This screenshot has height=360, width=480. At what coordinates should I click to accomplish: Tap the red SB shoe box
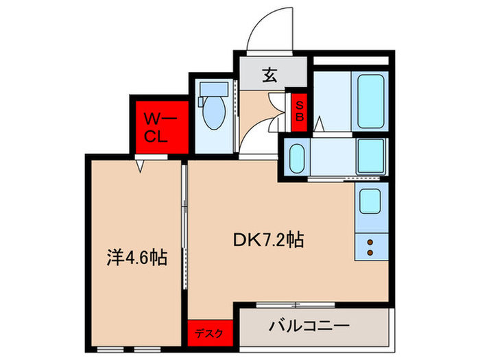click(299, 112)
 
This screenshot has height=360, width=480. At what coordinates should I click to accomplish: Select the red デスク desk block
click(210, 333)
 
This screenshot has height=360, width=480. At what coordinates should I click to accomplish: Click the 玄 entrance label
click(269, 75)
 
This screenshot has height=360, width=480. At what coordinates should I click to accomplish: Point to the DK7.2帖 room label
click(269, 240)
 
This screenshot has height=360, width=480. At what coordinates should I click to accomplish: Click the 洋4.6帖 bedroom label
click(137, 257)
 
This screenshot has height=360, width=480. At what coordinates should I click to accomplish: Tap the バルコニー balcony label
click(309, 326)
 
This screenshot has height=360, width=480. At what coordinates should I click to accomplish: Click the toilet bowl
click(214, 112)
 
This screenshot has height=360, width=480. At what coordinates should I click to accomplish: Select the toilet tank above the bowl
click(214, 88)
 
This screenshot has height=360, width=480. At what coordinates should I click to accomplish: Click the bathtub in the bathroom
click(370, 101)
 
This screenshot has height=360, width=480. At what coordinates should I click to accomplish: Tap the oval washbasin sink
click(297, 158)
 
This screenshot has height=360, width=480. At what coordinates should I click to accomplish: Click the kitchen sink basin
click(370, 201)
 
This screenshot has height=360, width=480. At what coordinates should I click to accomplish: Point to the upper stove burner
click(370, 243)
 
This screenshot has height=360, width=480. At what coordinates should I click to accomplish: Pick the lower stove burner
click(370, 252)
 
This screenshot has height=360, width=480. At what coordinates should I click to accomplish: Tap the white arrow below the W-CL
click(140, 167)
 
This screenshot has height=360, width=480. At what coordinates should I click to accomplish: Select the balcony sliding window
click(296, 305)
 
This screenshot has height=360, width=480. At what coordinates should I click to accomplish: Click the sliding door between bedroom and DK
click(184, 227)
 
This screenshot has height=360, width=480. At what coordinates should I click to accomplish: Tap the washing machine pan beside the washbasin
click(371, 157)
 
